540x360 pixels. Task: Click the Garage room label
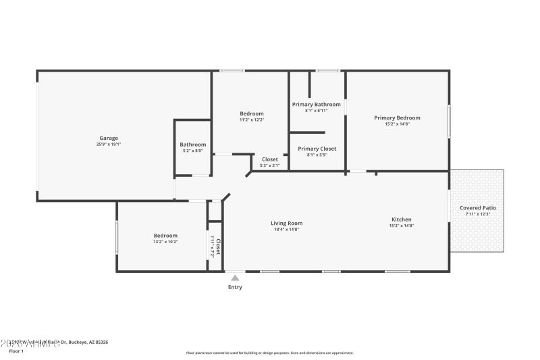tap(109, 138)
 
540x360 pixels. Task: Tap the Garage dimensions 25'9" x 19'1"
tap(109, 144)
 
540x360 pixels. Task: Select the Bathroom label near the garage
tap(192, 144)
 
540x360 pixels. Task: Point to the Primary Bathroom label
tap(316, 104)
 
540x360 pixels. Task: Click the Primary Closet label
tap(317, 149)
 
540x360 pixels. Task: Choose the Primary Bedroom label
tap(397, 118)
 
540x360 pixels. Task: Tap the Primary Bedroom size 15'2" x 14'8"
tap(397, 124)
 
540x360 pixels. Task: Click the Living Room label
tap(286, 223)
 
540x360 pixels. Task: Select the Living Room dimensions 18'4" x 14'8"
tap(286, 230)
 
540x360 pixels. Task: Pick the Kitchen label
tap(402, 219)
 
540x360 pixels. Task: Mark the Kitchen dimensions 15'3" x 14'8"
tap(402, 226)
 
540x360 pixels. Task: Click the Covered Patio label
tap(477, 207)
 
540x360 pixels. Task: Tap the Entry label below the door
tap(234, 287)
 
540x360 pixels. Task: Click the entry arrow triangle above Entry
tap(234, 277)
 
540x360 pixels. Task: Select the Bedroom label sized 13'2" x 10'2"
tap(165, 235)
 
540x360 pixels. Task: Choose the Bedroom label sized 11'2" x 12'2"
tap(251, 113)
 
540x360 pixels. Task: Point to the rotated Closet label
tap(217, 246)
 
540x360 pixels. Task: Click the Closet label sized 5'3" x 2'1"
tap(269, 159)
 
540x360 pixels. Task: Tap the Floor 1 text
tap(16, 351)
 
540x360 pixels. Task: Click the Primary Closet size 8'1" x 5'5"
tap(317, 155)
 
